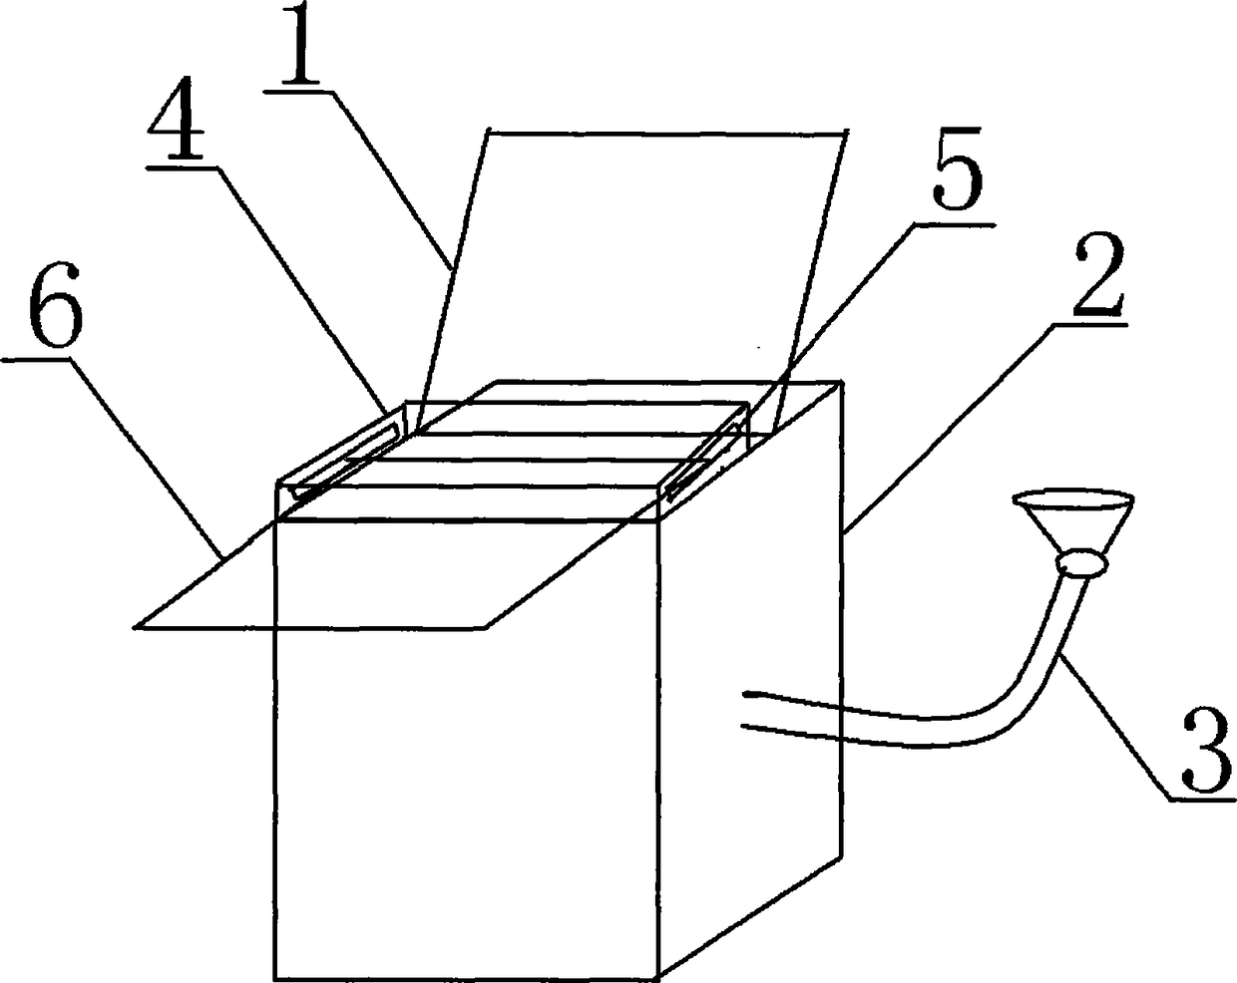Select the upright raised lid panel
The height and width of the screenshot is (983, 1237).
(x=628, y=259)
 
